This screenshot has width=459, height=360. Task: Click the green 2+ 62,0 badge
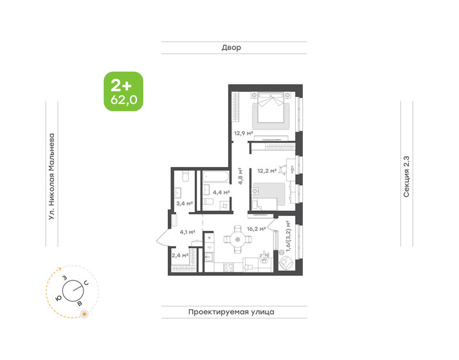coord(123,91)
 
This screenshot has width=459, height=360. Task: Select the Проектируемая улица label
coord(231,312)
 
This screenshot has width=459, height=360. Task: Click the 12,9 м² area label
coord(242,134)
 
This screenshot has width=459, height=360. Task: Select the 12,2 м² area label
coord(267,171)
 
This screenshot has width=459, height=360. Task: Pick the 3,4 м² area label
coord(184,204)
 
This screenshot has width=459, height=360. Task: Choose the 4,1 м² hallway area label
coord(188,232)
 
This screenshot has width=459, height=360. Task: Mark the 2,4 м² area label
coord(180,256)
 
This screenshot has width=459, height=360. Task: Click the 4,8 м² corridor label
coord(240,176)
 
